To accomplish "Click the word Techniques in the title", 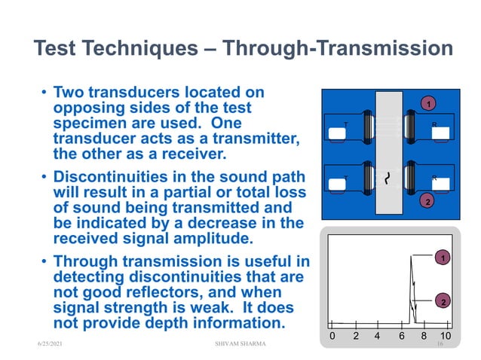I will click(x=146, y=49).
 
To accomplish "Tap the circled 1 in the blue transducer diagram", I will click(x=427, y=102).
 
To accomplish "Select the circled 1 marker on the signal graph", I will click(x=444, y=258).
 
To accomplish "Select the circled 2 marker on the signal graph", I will click(x=444, y=302).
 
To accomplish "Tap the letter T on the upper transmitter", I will click(x=345, y=124).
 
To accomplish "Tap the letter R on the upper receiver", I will click(x=434, y=124).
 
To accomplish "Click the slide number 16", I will click(x=439, y=343).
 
